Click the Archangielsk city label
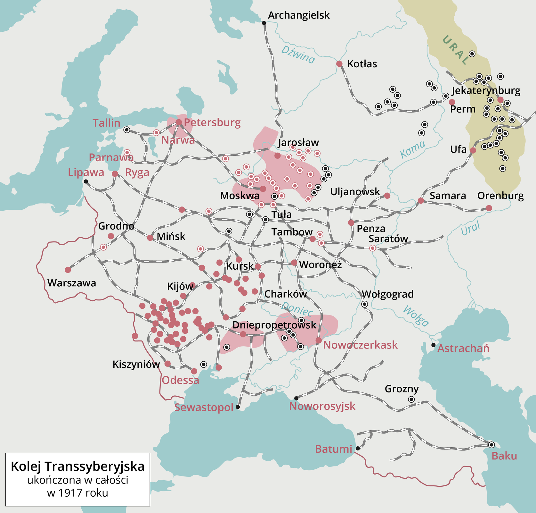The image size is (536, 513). coord(298,15)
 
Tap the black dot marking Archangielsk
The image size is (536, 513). coord(264,23)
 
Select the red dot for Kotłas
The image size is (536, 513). coord(339,64)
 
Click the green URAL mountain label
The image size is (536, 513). coord(456,50)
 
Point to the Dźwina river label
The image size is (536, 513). coord(298,55)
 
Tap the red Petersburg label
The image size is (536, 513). coord(212,122)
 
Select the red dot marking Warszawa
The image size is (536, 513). coord(68,270)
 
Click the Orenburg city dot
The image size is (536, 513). coord(489,208)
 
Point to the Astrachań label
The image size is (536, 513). coord(463,348)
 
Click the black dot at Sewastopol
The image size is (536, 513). coord(238,407)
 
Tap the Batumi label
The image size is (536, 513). coord(333,449)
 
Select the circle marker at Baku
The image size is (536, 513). coord(491,445)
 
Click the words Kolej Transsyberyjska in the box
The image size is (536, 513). coord(77,467)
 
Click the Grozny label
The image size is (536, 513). coord(402,389)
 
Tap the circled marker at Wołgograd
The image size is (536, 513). coord(364,304)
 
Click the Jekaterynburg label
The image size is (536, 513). coord(486,90)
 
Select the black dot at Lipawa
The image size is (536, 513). coord(86,181)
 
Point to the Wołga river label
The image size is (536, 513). coord(416,316)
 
